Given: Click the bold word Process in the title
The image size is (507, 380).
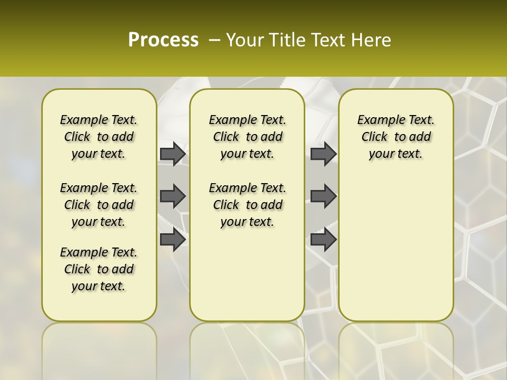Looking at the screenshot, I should [x=163, y=40].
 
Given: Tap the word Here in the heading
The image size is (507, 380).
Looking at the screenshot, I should [x=371, y=40].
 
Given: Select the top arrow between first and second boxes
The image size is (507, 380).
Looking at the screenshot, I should [x=172, y=154].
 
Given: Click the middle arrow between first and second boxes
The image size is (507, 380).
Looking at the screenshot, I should [x=172, y=196].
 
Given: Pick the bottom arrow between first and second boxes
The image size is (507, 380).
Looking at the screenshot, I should [x=172, y=239].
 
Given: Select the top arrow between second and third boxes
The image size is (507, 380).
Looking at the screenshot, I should [x=323, y=154].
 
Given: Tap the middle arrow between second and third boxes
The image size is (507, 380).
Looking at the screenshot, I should [x=323, y=196].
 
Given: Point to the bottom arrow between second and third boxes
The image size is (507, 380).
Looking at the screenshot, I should [x=323, y=239].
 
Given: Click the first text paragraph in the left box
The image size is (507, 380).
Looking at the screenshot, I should [x=99, y=137].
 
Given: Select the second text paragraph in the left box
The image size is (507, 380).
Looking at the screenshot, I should [x=99, y=205].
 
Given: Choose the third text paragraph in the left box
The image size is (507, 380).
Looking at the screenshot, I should [x=99, y=269].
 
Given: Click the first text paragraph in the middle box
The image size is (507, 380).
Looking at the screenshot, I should [x=247, y=137].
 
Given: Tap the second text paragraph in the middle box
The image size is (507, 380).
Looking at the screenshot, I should [x=247, y=205].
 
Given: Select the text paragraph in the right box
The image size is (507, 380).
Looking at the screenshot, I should [x=396, y=137].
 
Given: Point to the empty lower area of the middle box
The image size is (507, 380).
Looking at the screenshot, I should [x=247, y=274].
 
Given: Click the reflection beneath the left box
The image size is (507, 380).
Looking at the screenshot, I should [x=99, y=348].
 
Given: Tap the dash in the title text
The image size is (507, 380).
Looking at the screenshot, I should [x=214, y=40].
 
